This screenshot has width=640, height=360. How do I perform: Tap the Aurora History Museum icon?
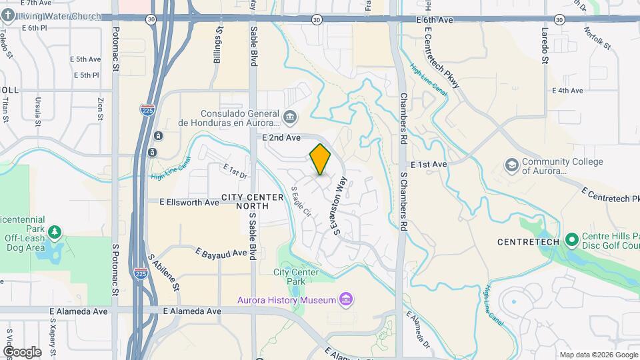point(345,299)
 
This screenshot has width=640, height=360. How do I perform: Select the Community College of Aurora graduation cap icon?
point(511,165)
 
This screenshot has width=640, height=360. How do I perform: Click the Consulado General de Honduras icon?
point(290,118)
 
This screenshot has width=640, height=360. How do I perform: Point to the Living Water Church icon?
point(10,15)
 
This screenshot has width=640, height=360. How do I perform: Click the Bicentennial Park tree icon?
point(55,233)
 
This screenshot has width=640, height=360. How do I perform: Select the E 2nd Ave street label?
point(281,137)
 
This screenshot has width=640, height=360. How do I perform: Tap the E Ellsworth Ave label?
point(189,201)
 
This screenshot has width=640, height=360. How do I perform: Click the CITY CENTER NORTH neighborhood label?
point(245,201)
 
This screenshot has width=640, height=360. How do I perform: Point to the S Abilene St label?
point(165,270)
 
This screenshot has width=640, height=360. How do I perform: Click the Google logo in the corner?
point(21,351)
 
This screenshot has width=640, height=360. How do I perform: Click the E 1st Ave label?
point(429,164)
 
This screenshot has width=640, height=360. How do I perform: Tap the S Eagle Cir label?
point(301,201)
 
